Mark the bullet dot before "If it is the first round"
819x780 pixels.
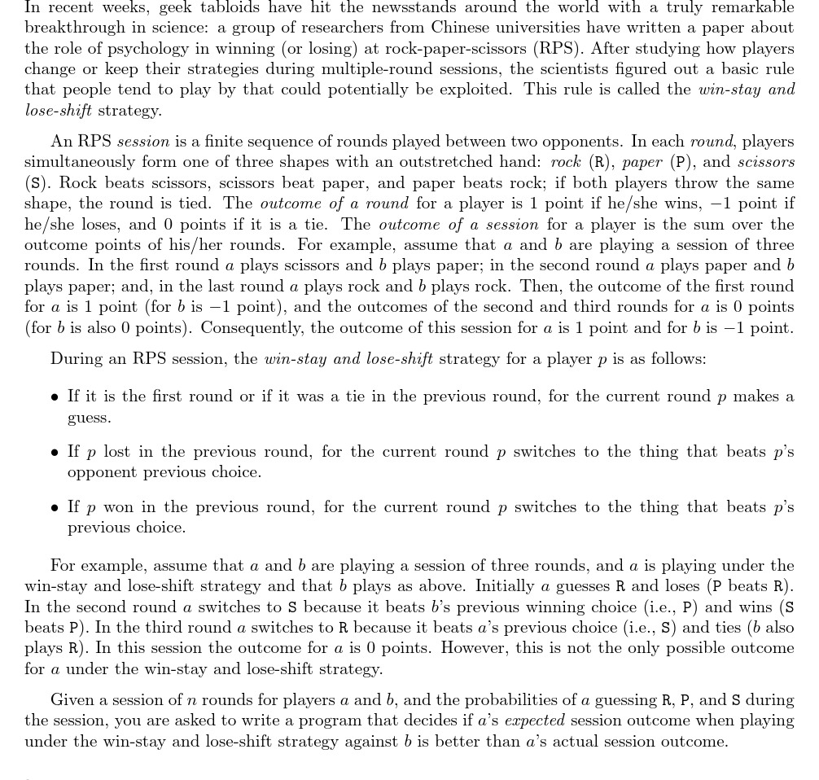coord(55,398)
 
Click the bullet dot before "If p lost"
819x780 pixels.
coord(55,453)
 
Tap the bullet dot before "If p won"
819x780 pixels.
coord(55,508)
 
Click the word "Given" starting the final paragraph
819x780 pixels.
coord(72,700)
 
